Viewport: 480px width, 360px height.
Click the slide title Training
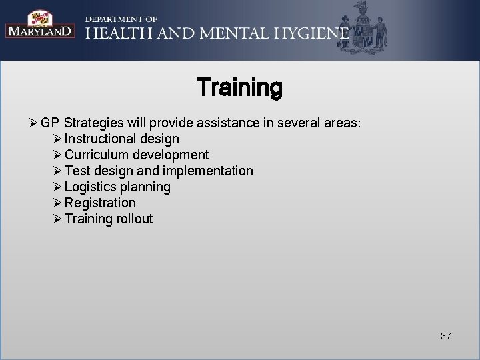[x=239, y=88]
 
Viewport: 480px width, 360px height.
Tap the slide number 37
[x=445, y=336]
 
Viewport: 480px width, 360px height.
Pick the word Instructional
[x=103, y=139]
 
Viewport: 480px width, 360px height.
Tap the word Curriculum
[x=101, y=155]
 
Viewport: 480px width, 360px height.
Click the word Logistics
[x=91, y=187]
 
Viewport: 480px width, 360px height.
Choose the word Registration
[x=100, y=203]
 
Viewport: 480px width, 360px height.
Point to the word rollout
[x=133, y=219]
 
